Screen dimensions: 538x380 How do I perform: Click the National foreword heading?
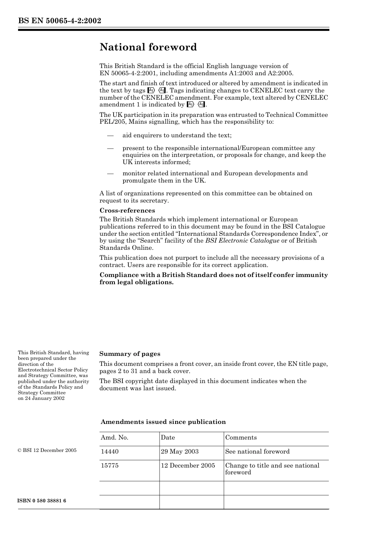148,47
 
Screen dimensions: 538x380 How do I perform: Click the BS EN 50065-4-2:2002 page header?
60,20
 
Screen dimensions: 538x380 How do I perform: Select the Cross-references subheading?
127,211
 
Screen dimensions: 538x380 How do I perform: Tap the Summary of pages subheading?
130,354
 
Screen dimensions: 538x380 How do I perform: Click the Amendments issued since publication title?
163,422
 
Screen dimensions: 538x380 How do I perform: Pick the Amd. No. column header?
114,438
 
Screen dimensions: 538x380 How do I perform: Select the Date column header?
168,438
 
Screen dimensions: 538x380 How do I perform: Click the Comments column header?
241,438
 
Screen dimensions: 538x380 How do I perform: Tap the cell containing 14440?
110,452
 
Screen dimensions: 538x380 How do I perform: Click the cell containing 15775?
110,466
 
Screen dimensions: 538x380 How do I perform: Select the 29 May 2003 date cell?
180,452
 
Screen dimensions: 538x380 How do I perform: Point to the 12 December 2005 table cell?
188,466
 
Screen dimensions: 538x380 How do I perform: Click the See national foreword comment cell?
257,452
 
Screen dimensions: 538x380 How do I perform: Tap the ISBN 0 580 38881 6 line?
42,501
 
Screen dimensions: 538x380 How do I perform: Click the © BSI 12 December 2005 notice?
47,450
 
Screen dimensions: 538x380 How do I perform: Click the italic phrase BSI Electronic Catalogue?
242,241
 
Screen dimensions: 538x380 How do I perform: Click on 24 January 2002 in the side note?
41,398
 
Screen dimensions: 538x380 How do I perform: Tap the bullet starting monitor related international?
215,177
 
